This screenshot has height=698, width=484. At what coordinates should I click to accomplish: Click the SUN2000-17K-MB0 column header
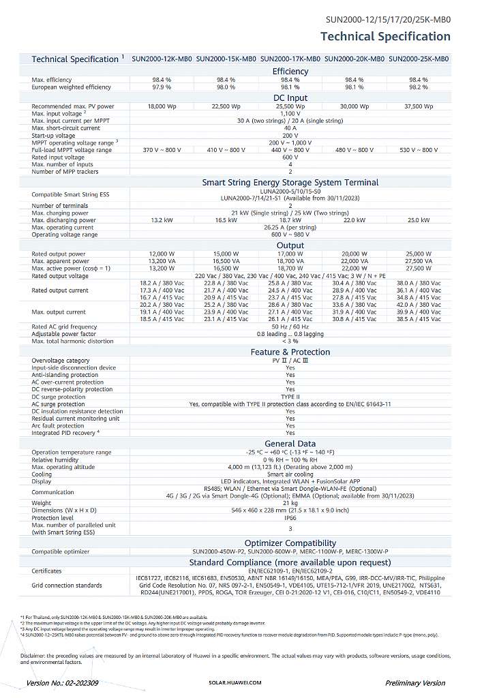pos(290,59)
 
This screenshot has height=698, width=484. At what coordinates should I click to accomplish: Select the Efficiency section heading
pos(290,71)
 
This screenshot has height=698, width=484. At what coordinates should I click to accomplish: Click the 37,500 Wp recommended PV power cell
pos(419,106)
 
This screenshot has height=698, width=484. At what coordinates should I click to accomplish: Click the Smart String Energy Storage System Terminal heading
pos(290,182)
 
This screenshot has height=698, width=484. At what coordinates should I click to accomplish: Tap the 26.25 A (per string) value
pos(290,227)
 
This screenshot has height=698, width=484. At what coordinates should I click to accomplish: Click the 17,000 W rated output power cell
pos(290,254)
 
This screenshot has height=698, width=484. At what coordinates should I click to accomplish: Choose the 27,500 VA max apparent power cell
pos(419,261)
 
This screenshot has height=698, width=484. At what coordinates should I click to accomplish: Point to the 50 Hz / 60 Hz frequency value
pos(290,327)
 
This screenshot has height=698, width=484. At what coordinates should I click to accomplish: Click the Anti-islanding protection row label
pos(65,375)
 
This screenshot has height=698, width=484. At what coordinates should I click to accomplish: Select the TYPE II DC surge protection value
pos(290,397)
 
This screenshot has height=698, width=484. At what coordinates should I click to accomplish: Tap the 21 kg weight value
pos(290,503)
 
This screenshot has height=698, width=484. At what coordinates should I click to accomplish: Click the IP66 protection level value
pos(290,517)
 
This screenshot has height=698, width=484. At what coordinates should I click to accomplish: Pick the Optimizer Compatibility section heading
pos(290,543)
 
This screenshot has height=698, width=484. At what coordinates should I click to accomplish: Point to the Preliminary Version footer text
pos(415,682)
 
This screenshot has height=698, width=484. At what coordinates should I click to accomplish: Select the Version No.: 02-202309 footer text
pos(62,682)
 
